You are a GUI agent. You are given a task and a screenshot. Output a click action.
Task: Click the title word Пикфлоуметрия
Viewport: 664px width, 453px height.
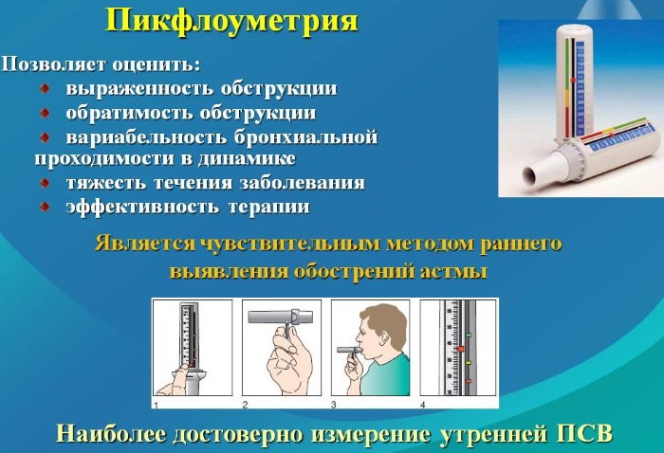tap(231, 21)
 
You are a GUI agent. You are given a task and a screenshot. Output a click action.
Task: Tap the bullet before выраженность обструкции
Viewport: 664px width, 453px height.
tap(45, 88)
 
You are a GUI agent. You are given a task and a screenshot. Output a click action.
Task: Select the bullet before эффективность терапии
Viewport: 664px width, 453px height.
tap(45, 207)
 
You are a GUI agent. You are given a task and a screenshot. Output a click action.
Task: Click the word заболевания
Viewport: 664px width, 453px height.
tap(302, 183)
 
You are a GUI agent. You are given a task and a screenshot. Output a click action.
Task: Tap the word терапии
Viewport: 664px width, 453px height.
tap(269, 208)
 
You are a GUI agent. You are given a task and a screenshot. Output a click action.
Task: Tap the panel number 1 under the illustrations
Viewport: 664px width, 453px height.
tap(156, 406)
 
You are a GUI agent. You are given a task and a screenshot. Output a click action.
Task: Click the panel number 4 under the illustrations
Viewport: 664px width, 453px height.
tap(423, 406)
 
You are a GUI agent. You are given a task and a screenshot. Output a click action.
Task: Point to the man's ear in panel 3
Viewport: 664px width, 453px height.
tap(385, 336)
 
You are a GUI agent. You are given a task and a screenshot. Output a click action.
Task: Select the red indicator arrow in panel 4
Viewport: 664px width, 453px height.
tap(460, 350)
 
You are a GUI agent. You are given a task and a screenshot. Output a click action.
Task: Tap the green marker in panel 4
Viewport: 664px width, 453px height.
tap(469, 335)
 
